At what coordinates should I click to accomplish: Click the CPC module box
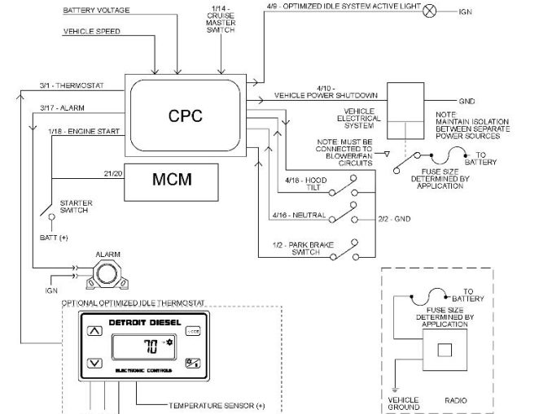pos(185,115)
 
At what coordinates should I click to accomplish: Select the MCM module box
pos(171,181)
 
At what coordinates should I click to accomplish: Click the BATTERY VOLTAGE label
pos(95,10)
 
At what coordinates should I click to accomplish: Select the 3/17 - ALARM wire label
pos(61,107)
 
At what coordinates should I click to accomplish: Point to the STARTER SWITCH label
pos(77,207)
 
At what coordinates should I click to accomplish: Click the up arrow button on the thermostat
pos(94,330)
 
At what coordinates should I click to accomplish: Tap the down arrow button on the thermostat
pos(94,362)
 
